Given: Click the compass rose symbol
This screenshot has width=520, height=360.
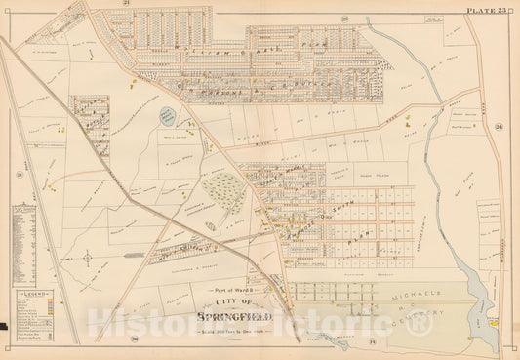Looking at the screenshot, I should pyautogui.click(x=88, y=259).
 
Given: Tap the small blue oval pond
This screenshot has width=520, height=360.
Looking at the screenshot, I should pyautogui.click(x=170, y=115).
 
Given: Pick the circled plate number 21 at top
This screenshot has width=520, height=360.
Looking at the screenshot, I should pyautogui.click(x=127, y=4).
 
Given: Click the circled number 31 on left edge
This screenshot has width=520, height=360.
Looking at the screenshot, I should pyautogui.click(x=19, y=175).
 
